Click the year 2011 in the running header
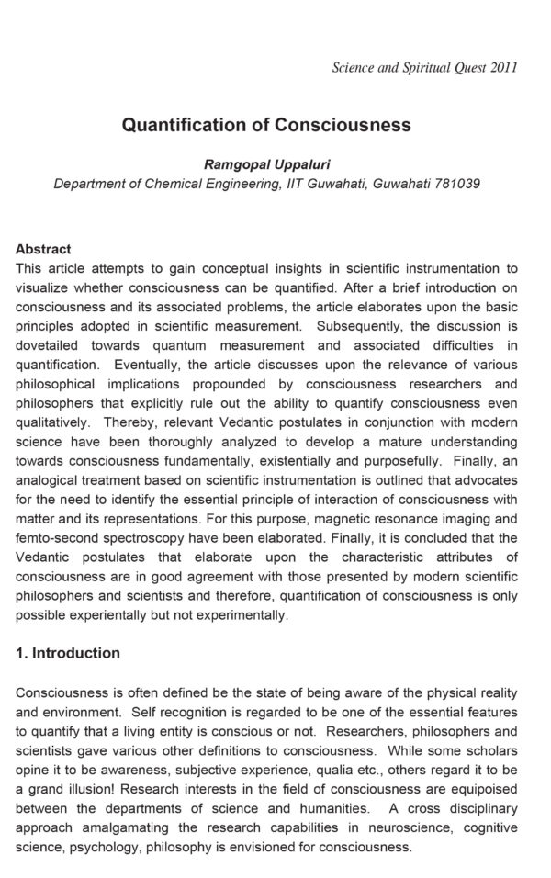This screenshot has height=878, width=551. [503, 67]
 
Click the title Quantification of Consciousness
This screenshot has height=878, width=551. [266, 125]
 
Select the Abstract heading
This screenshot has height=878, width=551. [43, 249]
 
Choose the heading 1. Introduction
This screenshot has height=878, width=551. [68, 653]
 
